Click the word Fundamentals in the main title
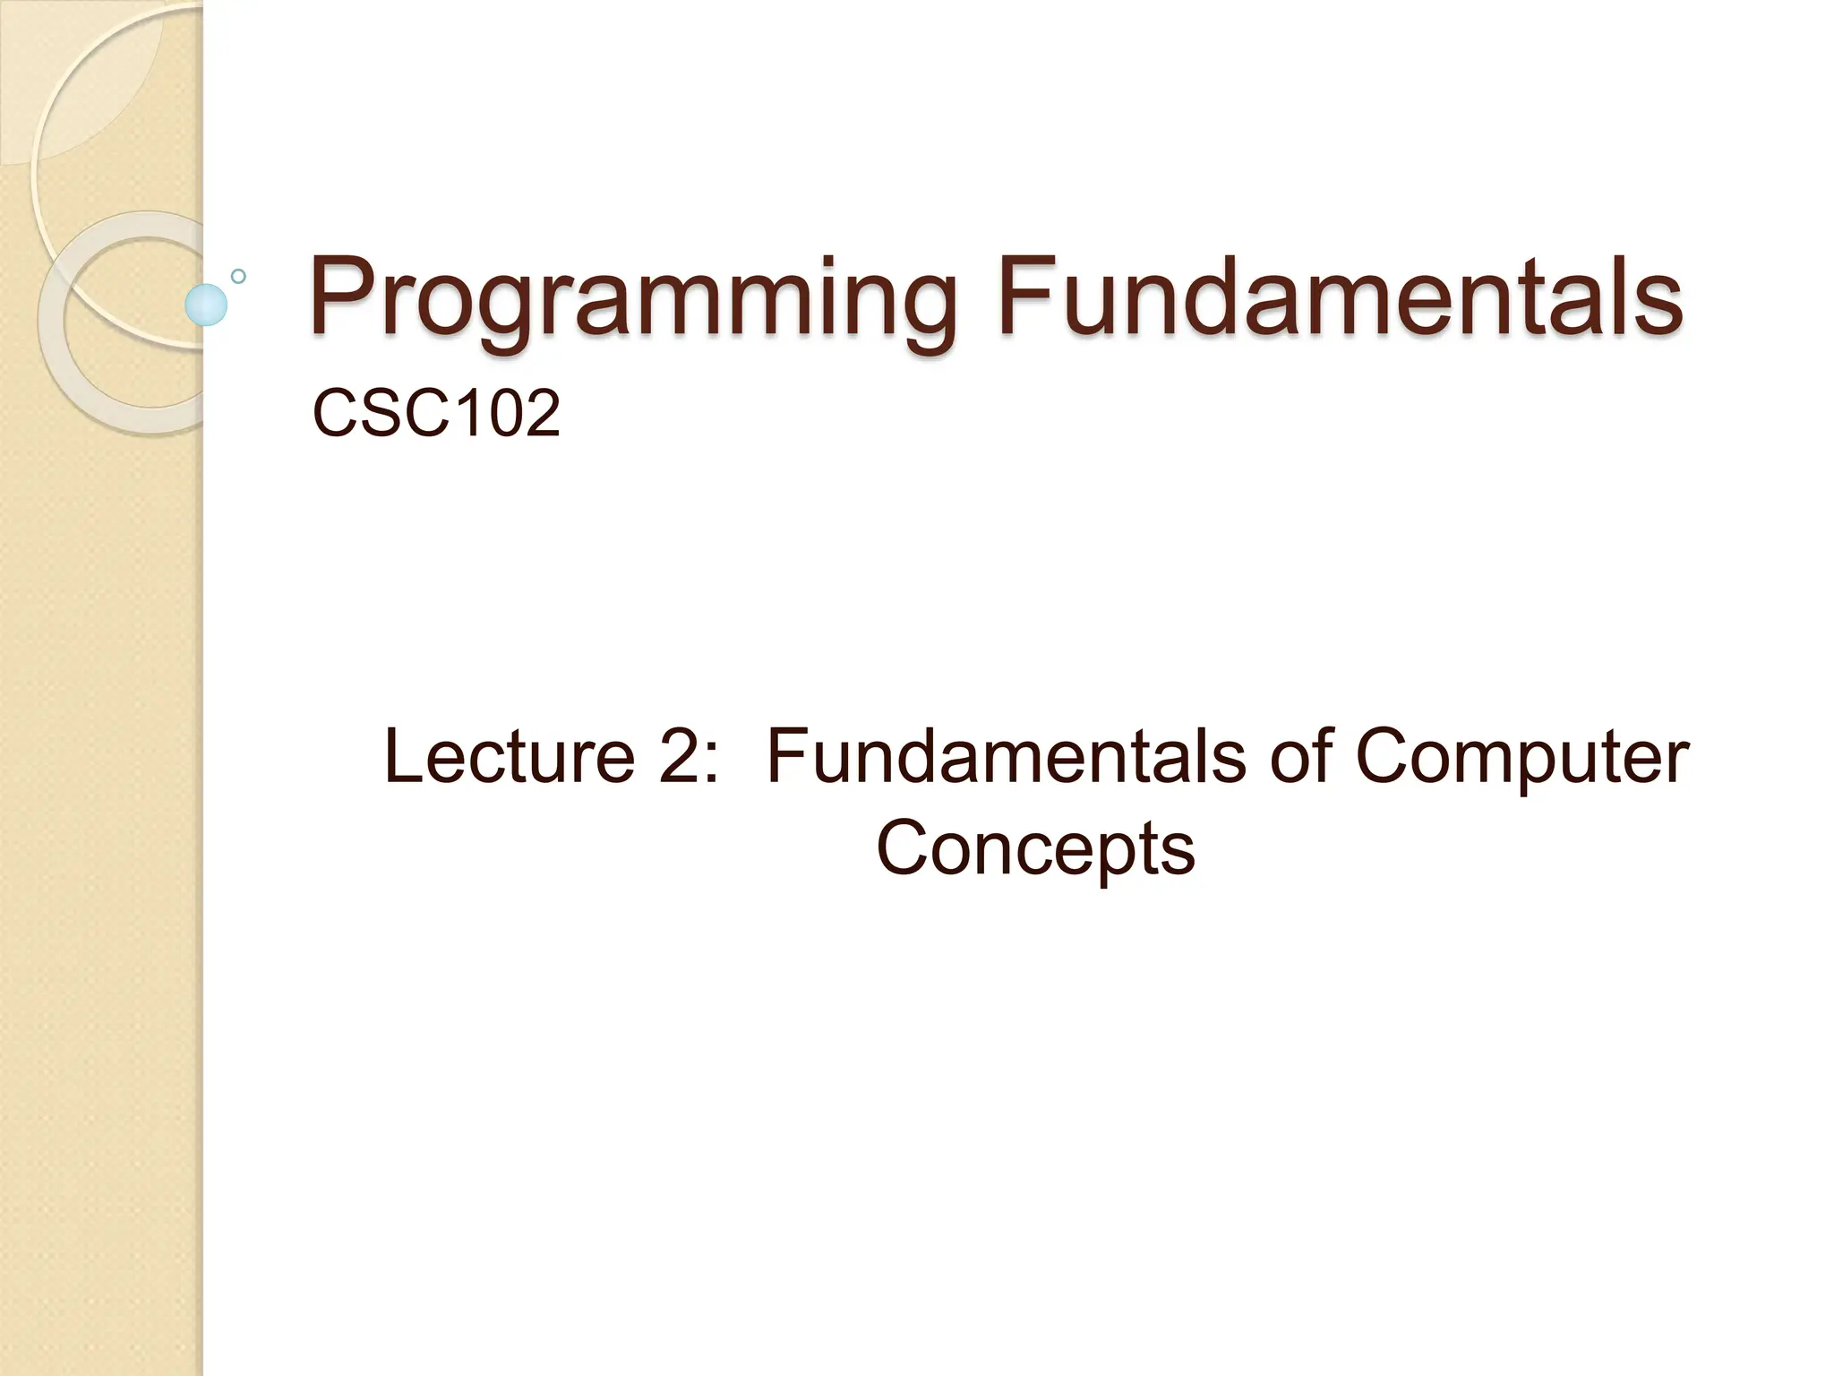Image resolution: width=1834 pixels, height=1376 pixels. coord(1340,296)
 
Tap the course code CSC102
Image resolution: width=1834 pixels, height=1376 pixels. coord(436,414)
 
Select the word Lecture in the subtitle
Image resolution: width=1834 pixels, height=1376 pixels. coord(509,757)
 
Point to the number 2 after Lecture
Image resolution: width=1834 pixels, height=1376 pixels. coord(679,757)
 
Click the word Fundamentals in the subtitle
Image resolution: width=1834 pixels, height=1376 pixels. coord(1007,757)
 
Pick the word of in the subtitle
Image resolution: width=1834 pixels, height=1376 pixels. coord(1302,757)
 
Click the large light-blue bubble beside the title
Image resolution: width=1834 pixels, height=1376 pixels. coord(206,305)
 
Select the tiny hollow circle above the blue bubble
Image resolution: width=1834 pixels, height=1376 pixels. coord(238,276)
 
